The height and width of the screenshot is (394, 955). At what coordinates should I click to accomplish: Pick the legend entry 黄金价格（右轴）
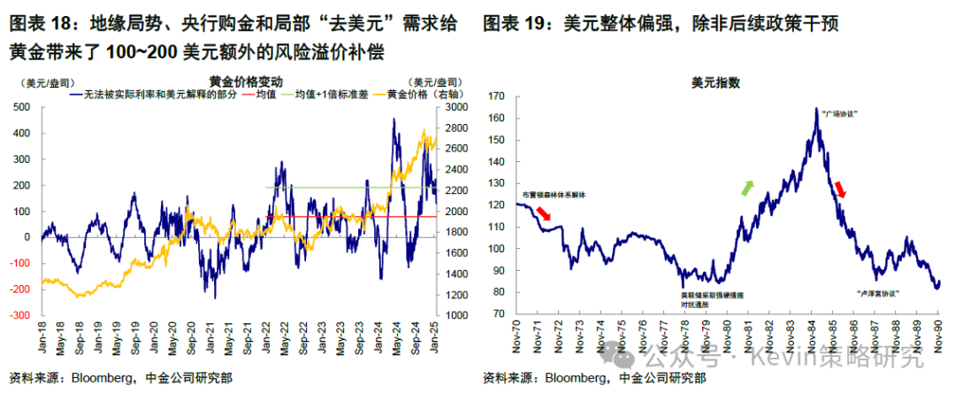pos(406,95)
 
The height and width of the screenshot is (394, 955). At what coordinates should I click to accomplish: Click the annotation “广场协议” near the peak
pos(840,114)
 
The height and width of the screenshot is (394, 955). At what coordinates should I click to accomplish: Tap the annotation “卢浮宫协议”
pos(878,292)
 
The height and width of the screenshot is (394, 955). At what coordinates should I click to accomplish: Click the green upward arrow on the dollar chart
pos(747,187)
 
